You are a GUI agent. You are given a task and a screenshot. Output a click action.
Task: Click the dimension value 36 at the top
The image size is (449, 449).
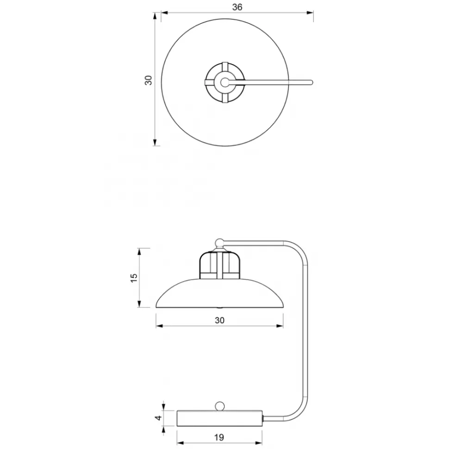tap(237, 7)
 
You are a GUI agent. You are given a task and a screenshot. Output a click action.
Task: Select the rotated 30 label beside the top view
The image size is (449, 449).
tap(148, 80)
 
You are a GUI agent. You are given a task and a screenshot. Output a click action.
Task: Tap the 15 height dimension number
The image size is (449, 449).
tap(134, 278)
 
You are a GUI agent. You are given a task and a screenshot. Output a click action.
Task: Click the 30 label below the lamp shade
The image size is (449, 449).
tap(219, 320)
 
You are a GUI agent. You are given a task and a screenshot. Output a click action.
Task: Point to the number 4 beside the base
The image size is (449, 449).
tap(158, 418)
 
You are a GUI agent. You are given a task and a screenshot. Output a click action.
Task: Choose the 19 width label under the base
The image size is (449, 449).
tap(219, 437)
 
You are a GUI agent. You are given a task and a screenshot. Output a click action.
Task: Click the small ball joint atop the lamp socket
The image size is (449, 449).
tap(219, 243)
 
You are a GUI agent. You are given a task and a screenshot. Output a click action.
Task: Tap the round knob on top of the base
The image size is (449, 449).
tap(220, 406)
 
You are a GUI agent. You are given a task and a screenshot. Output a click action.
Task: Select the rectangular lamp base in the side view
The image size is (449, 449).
tap(220, 418)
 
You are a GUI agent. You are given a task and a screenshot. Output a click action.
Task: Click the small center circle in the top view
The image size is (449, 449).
tap(225, 82)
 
